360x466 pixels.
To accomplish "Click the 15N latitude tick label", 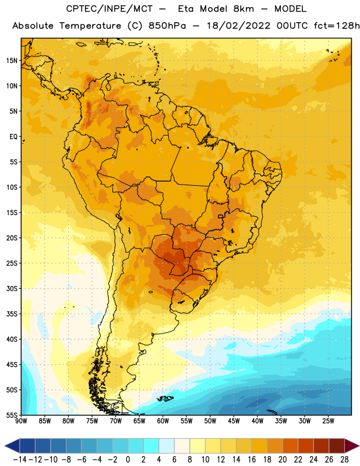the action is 12,61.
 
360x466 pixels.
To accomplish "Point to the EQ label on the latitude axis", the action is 13,137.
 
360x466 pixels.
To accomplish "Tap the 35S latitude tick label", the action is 12,314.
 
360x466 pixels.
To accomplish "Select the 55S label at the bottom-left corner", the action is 12,415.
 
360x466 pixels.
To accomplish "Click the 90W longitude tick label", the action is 22,421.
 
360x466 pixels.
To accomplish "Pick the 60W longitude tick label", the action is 163,421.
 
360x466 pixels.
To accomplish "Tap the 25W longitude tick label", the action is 328,421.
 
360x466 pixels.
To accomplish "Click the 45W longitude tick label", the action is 234,421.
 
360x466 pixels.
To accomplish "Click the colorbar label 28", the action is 344,460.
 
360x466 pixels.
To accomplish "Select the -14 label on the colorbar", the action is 20,460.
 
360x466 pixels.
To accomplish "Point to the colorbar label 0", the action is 128,460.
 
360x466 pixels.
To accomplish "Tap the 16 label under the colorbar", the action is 252,460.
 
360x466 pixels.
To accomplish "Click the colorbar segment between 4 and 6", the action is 167,446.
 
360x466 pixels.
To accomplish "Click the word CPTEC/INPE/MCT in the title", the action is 109,9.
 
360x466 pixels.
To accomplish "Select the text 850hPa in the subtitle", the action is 167,26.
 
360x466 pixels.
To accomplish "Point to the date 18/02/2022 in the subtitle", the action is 238,26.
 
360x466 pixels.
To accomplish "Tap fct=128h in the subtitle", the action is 337,26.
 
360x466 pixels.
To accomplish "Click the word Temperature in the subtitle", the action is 90,26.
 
